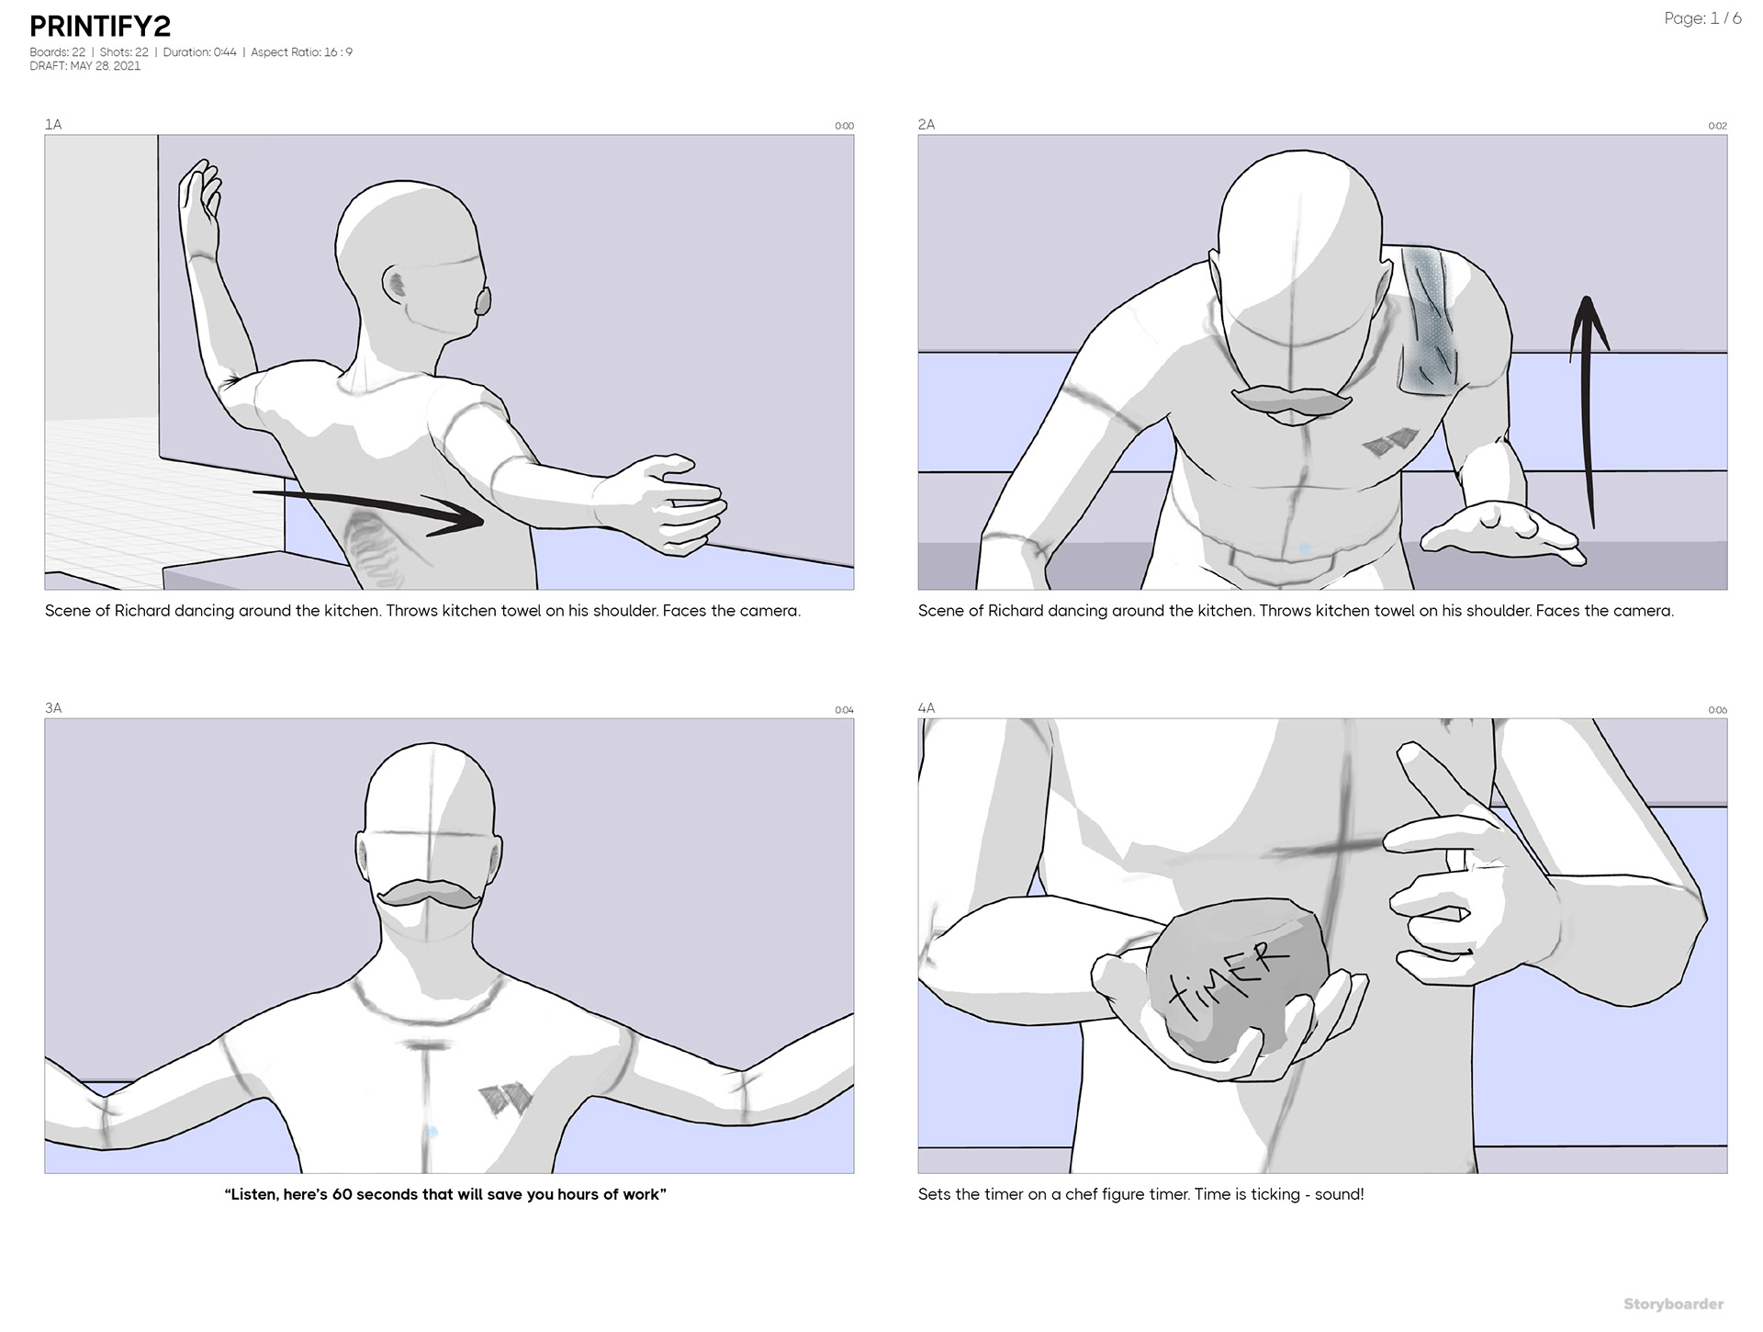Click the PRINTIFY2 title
point(100,27)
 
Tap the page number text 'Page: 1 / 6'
point(1702,18)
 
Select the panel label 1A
point(53,124)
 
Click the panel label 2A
point(926,124)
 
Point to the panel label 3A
point(53,707)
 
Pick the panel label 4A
point(926,707)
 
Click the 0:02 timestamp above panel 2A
point(1717,126)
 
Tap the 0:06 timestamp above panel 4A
point(1717,710)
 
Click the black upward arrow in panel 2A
point(1589,413)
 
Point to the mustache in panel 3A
point(429,895)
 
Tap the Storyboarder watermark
point(1673,1304)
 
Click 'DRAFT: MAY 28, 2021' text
point(85,66)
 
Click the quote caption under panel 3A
point(445,1194)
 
